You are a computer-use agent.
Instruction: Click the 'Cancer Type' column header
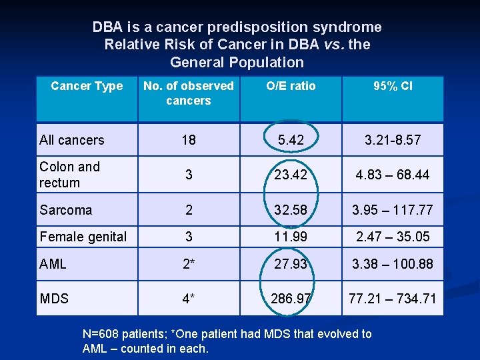pyautogui.click(x=87, y=86)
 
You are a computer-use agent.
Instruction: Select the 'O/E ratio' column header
pyautogui.click(x=291, y=86)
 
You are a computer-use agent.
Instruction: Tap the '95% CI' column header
pyautogui.click(x=393, y=86)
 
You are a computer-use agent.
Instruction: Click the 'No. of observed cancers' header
pyautogui.click(x=189, y=93)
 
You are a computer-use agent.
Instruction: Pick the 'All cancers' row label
pyautogui.click(x=72, y=140)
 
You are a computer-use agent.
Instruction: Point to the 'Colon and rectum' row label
pyautogui.click(x=69, y=175)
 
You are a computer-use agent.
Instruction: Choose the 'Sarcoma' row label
pyautogui.click(x=66, y=210)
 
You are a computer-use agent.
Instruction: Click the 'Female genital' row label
pyautogui.click(x=83, y=237)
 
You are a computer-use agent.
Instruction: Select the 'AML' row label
pyautogui.click(x=53, y=264)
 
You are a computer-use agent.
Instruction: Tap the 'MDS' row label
pyautogui.click(x=54, y=299)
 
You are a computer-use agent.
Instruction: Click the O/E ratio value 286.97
pyautogui.click(x=291, y=299)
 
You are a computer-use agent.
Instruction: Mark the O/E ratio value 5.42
pyautogui.click(x=291, y=140)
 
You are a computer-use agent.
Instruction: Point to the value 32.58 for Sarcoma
pyautogui.click(x=291, y=210)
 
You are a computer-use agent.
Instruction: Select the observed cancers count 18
pyautogui.click(x=189, y=140)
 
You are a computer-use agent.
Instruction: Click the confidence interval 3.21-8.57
pyautogui.click(x=393, y=140)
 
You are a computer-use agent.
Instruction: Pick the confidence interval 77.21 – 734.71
pyautogui.click(x=393, y=299)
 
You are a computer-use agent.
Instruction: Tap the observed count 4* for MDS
pyautogui.click(x=189, y=299)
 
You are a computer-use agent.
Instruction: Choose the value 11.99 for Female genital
pyautogui.click(x=291, y=237)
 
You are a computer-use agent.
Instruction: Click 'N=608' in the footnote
pyautogui.click(x=101, y=334)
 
